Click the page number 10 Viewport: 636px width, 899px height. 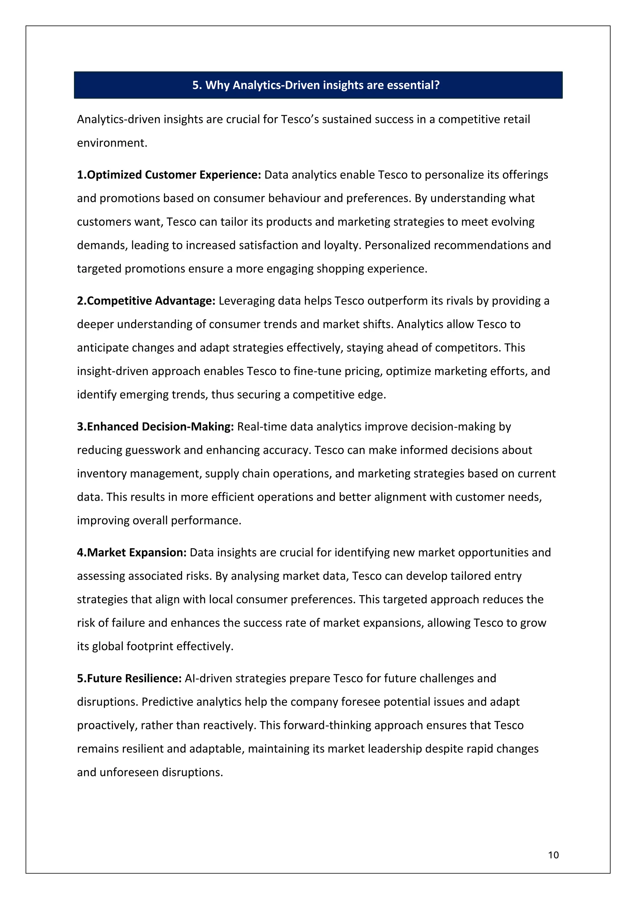pos(553,855)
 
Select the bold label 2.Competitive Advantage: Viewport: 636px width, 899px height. pos(146,301)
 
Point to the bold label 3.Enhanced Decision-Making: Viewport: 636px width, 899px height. pos(155,427)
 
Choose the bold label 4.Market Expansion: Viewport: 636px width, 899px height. pos(132,553)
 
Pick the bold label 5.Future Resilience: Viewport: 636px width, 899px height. pos(129,678)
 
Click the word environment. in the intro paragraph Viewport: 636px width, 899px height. pos(112,143)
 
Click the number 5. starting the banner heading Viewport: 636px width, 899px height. pos(197,85)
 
